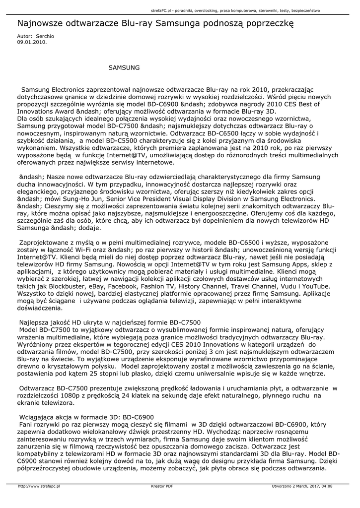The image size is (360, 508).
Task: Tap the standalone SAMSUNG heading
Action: pyautogui.click(x=124, y=66)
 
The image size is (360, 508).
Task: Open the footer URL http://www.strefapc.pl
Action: pyautogui.click(x=39, y=486)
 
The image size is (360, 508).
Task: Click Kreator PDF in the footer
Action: pyautogui.click(x=162, y=486)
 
